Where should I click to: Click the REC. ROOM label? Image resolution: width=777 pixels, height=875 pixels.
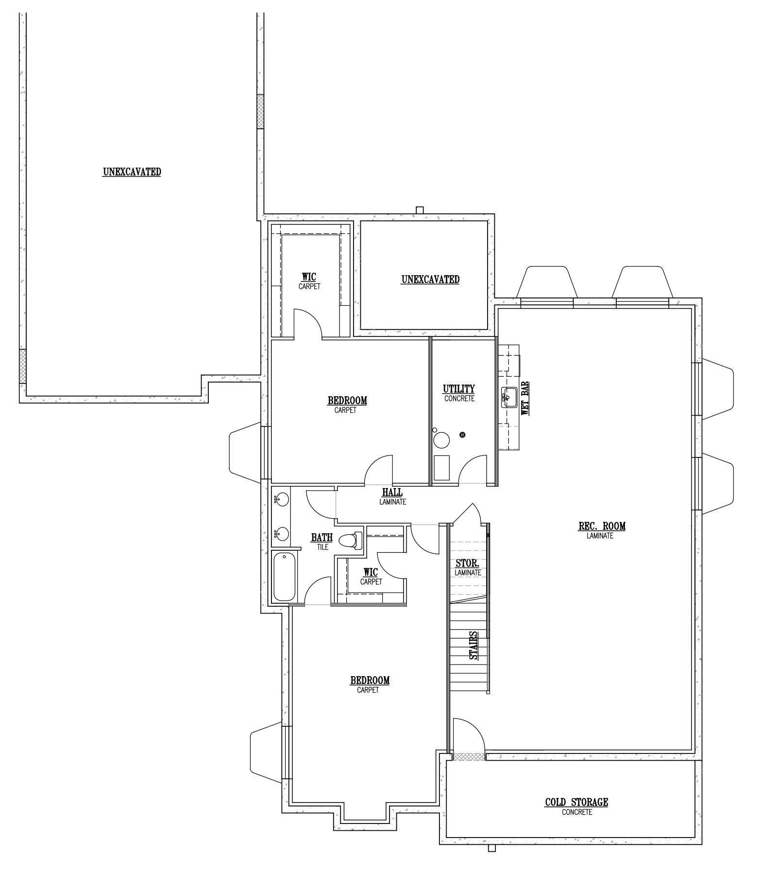click(602, 526)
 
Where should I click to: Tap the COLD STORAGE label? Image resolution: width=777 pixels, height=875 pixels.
click(576, 802)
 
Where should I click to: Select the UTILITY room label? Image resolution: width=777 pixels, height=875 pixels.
click(459, 389)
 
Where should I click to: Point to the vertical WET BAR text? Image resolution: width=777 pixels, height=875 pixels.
click(524, 398)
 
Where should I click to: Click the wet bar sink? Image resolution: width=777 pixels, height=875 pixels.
click(508, 398)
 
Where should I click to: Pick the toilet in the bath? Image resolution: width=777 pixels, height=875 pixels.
click(350, 541)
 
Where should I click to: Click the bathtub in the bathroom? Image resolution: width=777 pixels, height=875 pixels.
click(284, 577)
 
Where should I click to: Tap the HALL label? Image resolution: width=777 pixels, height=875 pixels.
click(392, 492)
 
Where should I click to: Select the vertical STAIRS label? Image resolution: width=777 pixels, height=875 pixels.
click(473, 645)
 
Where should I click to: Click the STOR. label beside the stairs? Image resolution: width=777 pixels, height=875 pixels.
click(468, 564)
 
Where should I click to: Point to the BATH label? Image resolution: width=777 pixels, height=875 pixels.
click(322, 538)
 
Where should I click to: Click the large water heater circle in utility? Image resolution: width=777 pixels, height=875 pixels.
click(441, 440)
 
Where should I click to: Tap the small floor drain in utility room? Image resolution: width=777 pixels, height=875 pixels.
click(463, 434)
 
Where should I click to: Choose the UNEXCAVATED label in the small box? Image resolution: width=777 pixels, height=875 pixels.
click(430, 280)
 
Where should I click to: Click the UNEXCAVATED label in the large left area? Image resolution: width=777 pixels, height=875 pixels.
click(132, 172)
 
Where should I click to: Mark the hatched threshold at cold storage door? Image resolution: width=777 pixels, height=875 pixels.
click(469, 757)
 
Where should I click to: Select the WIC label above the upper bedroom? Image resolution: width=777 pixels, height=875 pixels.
click(309, 277)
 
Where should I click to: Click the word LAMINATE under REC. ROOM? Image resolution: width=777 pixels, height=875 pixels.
click(600, 536)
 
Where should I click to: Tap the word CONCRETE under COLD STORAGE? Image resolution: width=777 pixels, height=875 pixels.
click(577, 812)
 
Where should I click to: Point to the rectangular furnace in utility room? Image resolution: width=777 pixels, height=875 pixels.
click(441, 468)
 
